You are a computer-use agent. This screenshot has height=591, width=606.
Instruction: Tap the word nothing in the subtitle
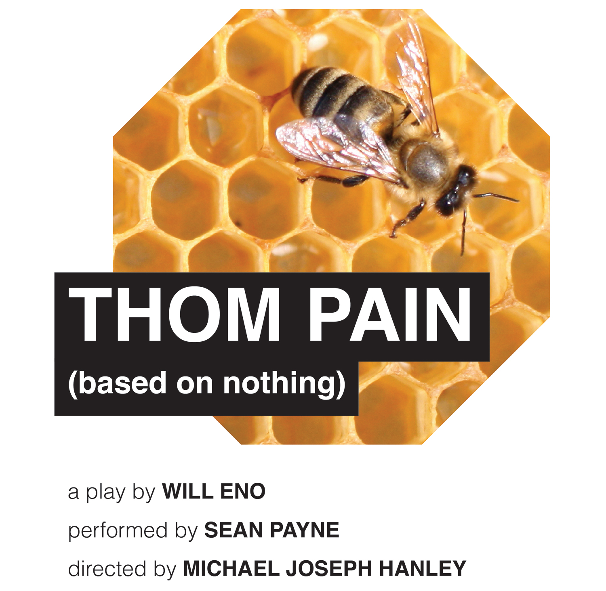tap(280, 384)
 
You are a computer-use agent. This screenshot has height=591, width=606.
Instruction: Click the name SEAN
tap(234, 530)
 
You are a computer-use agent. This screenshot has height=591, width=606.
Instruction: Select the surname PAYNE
tap(305, 530)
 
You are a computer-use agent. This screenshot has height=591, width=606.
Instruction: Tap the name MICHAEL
tap(231, 568)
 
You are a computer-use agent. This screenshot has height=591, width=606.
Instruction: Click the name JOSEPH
tap(329, 568)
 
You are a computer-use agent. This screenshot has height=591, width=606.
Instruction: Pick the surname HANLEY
tap(423, 568)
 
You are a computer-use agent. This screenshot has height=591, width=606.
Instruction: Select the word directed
tap(107, 568)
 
